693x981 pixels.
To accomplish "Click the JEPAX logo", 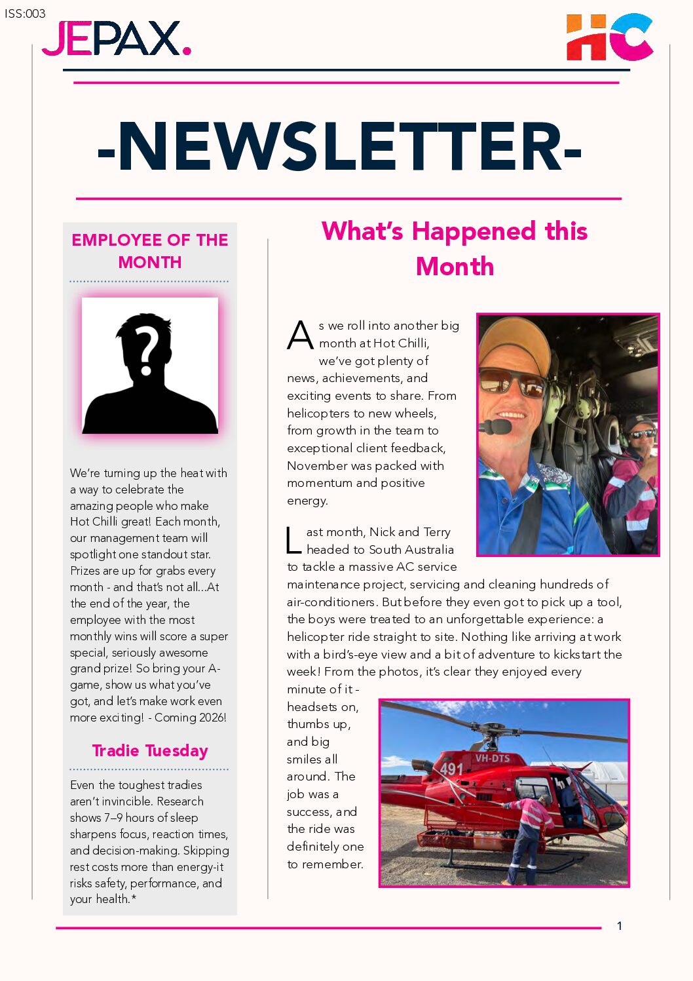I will pyautogui.click(x=116, y=39).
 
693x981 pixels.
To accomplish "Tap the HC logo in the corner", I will pyautogui.click(x=609, y=37).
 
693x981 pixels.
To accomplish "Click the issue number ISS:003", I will pyautogui.click(x=25, y=13).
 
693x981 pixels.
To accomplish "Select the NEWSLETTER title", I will pyautogui.click(x=339, y=147).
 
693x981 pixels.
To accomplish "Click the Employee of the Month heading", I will pyautogui.click(x=150, y=250).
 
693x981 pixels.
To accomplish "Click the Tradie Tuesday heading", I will pyautogui.click(x=150, y=750).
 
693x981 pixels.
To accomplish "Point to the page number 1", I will pyautogui.click(x=619, y=926).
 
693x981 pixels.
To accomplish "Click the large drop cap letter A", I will pyautogui.click(x=300, y=336).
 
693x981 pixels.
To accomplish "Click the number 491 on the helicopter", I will pyautogui.click(x=451, y=768).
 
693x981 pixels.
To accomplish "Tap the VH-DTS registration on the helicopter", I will pyautogui.click(x=492, y=758).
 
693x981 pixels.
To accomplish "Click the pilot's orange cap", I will pyautogui.click(x=514, y=344).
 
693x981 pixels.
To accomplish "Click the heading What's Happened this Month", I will pyautogui.click(x=455, y=248).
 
